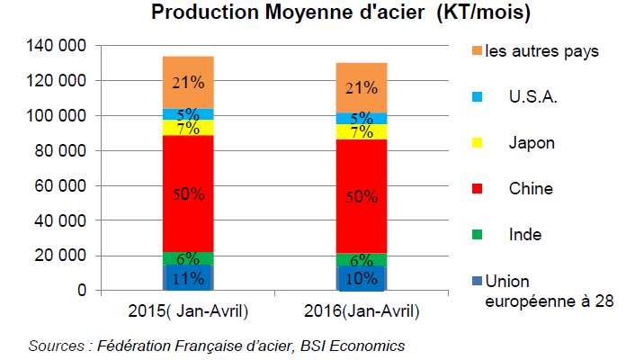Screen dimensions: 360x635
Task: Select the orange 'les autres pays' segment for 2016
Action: click(362, 87)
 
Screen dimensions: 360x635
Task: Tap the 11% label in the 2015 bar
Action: click(187, 278)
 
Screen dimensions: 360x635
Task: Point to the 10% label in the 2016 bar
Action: click(362, 279)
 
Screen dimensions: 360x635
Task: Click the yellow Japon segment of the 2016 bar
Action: click(362, 131)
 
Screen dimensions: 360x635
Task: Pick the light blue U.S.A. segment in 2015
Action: click(187, 113)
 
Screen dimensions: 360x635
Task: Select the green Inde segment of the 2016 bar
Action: click(362, 259)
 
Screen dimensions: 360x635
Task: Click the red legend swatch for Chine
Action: click(478, 188)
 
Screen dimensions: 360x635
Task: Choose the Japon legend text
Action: click(531, 142)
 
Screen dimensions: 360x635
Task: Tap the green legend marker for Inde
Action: click(478, 235)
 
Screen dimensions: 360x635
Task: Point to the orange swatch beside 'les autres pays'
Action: click(478, 50)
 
